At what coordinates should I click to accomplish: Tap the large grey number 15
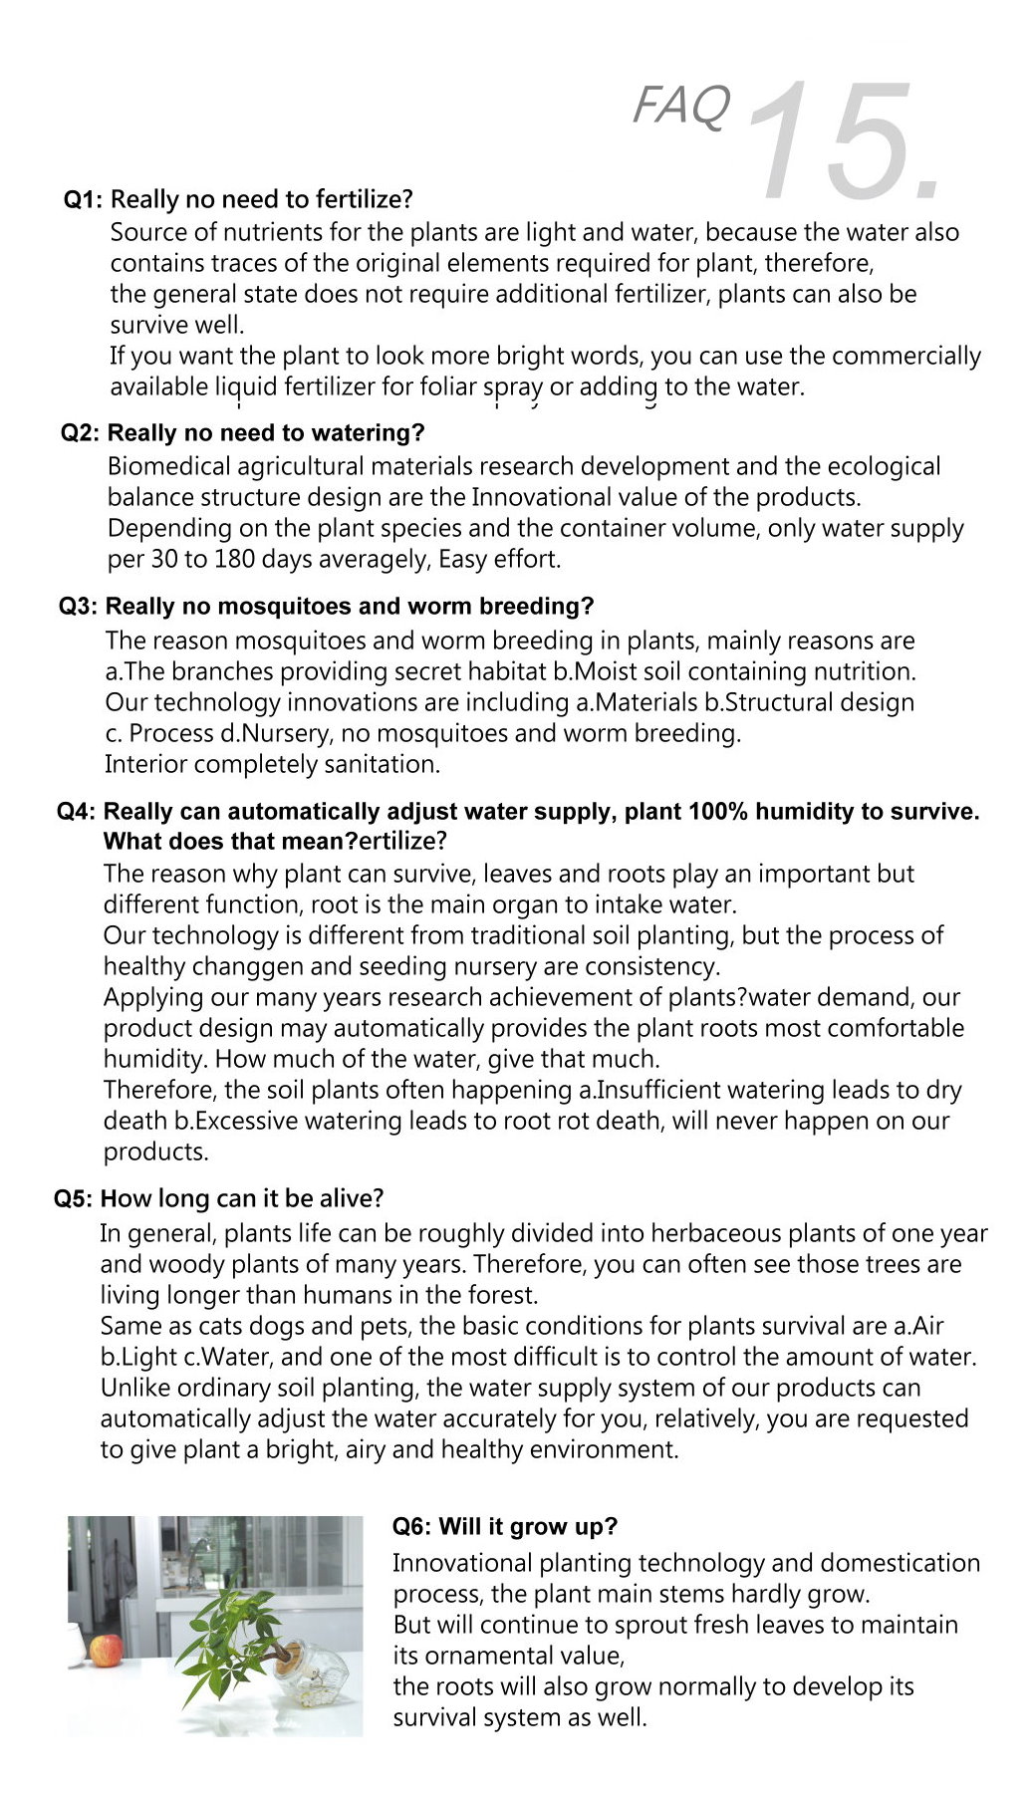pos(843,140)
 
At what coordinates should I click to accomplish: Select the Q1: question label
pos(83,200)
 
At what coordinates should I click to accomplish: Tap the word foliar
pos(447,386)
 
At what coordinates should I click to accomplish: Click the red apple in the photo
pos(107,1650)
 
